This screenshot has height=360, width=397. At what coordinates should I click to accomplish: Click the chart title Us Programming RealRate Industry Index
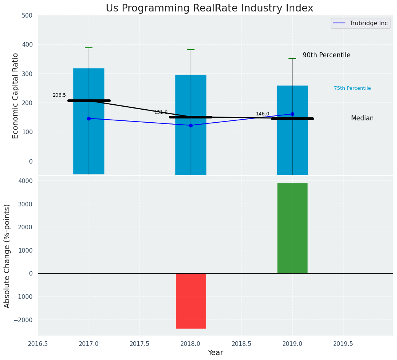(x=209, y=8)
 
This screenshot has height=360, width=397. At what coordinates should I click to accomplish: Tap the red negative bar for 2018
(x=191, y=301)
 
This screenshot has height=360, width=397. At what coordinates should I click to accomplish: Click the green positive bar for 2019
(x=292, y=228)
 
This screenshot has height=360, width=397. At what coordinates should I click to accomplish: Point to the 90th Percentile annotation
(x=326, y=55)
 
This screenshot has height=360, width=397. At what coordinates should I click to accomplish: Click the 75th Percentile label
(x=352, y=88)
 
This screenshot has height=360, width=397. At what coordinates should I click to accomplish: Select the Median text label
(x=362, y=118)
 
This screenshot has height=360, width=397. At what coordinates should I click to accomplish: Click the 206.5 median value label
(x=59, y=95)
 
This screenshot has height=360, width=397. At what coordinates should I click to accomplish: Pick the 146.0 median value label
(x=263, y=114)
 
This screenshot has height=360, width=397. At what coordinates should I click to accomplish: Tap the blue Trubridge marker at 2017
(x=89, y=118)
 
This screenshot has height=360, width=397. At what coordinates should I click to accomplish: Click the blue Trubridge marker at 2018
(x=191, y=125)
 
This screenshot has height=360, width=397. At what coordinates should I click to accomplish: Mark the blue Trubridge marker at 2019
(x=292, y=114)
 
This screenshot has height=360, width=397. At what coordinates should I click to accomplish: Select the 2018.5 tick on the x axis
(x=241, y=344)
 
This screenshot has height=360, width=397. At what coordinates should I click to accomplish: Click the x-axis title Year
(x=215, y=353)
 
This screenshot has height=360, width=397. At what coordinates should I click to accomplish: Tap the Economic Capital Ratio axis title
(x=16, y=96)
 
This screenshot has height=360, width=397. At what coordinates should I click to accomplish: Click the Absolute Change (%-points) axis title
(x=7, y=256)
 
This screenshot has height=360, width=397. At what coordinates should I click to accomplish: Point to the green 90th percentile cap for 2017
(x=89, y=48)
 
